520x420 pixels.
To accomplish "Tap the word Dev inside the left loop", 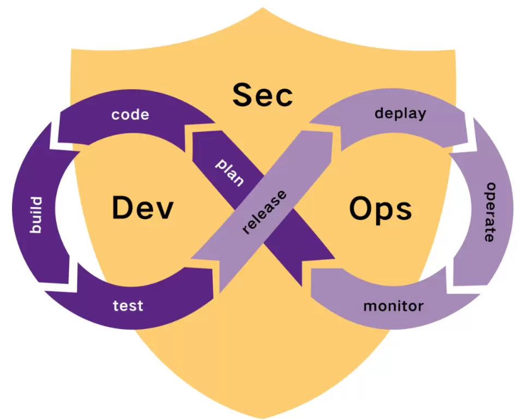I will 143,208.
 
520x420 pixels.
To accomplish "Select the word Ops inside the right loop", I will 380,209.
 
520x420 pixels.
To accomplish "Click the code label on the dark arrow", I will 130,115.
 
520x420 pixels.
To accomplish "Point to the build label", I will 35,216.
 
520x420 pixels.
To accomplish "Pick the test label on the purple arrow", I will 128,306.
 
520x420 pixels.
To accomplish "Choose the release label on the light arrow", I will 264,211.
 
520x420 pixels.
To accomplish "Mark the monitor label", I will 394,306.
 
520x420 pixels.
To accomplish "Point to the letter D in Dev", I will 122,208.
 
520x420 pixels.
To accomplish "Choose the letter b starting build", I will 35,229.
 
